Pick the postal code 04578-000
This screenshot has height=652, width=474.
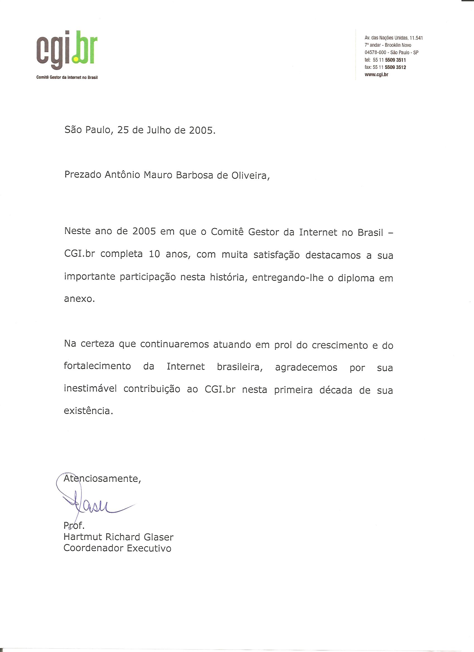(375, 53)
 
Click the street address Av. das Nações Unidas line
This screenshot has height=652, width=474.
(393, 38)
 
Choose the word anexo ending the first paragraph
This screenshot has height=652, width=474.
(79, 299)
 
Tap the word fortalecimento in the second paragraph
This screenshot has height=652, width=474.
(97, 367)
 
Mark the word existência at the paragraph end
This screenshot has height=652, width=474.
(87, 411)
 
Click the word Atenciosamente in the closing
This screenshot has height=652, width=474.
(102, 479)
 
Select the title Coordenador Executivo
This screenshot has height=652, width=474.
(117, 548)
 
